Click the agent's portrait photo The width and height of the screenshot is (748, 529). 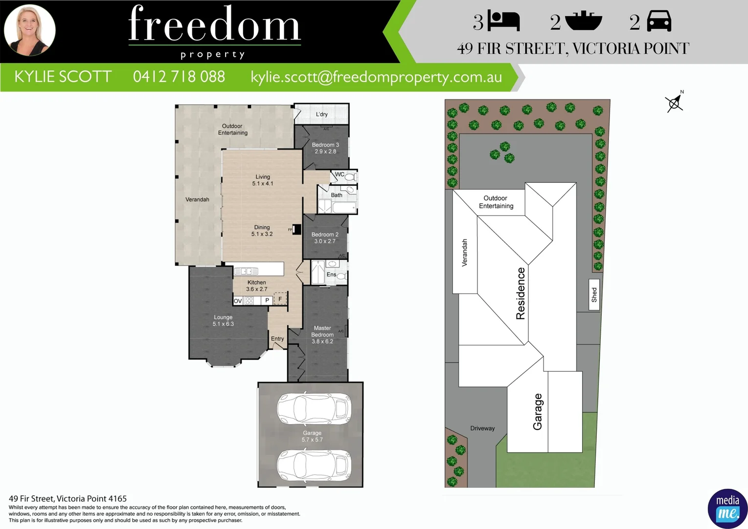pos(30,30)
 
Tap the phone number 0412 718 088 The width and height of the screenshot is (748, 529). pos(179,77)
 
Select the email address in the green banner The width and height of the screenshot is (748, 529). pos(376,77)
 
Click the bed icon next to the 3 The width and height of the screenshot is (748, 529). pos(504,22)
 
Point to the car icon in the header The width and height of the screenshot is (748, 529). pos(659,22)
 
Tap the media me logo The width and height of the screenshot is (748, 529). pos(727,508)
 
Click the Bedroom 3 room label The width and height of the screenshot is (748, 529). pos(325,148)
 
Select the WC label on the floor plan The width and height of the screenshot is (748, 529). pos(340,174)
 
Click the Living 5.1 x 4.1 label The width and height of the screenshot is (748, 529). pos(263,180)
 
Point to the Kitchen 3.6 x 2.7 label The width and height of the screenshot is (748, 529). pos(257,286)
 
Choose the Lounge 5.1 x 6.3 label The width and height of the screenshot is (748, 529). pos(223,320)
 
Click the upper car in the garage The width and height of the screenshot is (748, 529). pos(314,409)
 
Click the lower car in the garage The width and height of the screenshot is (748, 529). pos(314,466)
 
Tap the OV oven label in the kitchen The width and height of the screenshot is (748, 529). pos(238,301)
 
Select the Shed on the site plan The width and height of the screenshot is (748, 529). pos(594,294)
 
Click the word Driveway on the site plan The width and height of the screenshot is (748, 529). pos(482,428)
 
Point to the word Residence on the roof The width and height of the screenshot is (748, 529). pos(521,293)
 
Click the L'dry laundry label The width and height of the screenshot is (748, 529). pos(322,114)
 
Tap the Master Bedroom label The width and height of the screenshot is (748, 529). pos(322,335)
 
